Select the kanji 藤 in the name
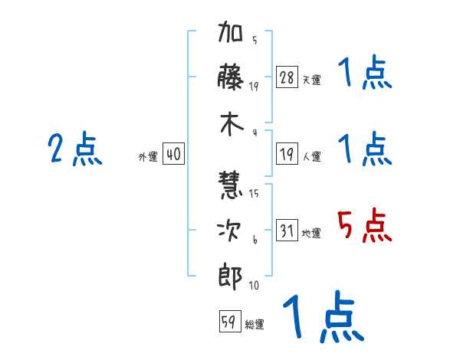pyautogui.click(x=231, y=78)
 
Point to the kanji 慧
pyautogui.click(x=231, y=185)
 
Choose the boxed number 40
pyautogui.click(x=173, y=155)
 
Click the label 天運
pyautogui.click(x=311, y=80)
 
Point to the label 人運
pyautogui.click(x=311, y=157)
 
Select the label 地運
pyautogui.click(x=311, y=234)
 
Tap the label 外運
pyautogui.click(x=148, y=157)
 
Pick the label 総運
pyautogui.click(x=255, y=325)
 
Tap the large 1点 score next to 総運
pyautogui.click(x=323, y=317)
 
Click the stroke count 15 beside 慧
pyautogui.click(x=254, y=193)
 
